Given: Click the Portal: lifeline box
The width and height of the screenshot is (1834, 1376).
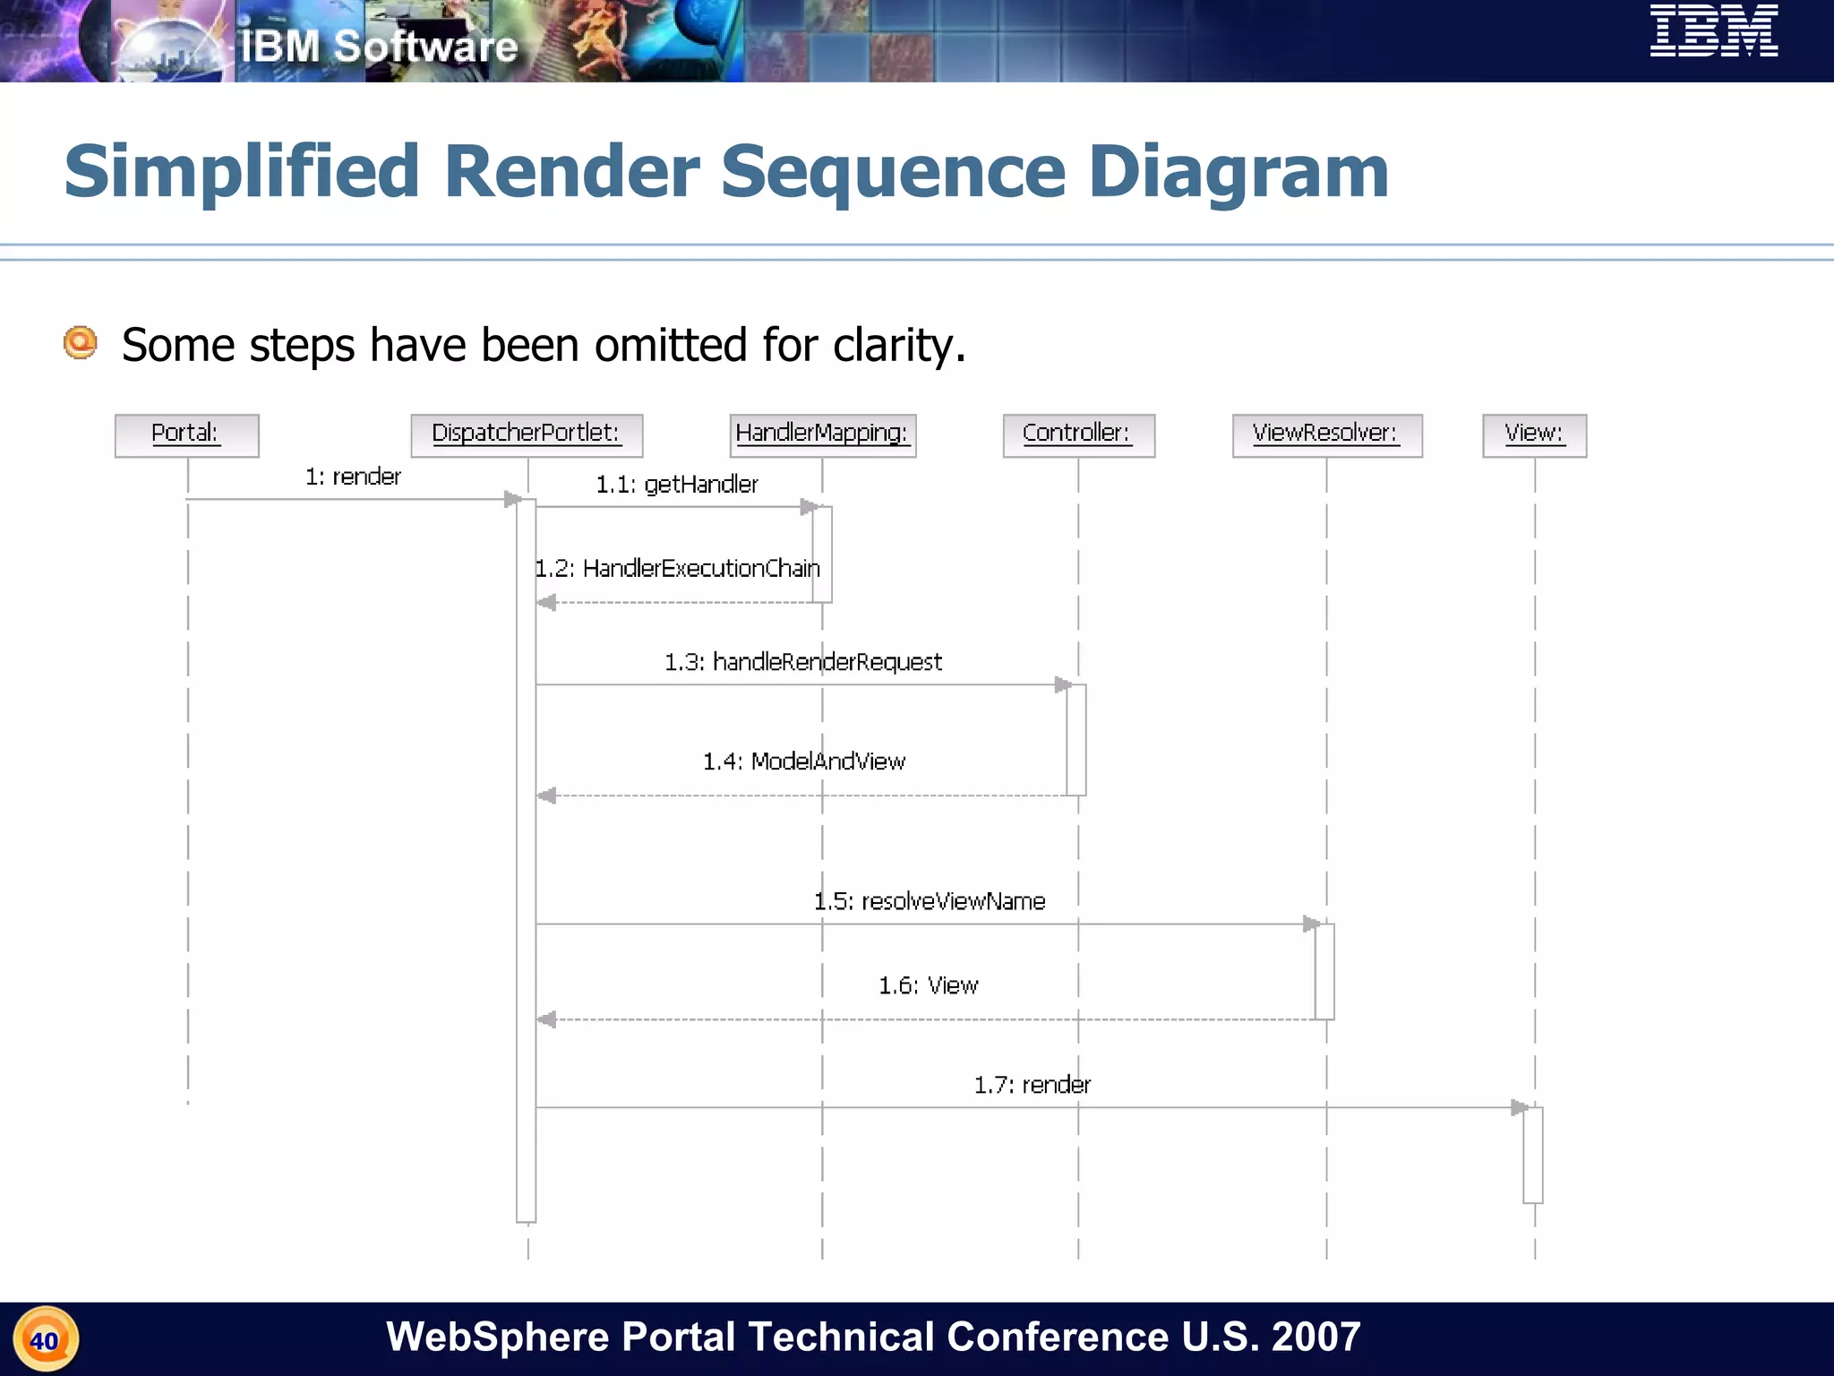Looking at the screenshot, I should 186,435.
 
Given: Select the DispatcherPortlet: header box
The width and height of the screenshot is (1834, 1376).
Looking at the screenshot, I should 527,435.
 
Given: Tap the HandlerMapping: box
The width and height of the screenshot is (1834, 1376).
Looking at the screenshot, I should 822,435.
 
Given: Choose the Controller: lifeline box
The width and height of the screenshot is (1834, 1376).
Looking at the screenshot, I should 1078,435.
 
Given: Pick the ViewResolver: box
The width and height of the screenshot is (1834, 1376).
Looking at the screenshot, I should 1326,435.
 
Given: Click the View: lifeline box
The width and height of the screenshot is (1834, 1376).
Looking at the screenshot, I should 1534,435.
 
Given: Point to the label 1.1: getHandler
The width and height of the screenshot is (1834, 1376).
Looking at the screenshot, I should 677,485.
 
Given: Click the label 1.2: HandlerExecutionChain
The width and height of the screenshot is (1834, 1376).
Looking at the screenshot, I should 677,569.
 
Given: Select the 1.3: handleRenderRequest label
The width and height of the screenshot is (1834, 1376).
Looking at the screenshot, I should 802,662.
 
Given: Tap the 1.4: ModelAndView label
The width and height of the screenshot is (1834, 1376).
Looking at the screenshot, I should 803,761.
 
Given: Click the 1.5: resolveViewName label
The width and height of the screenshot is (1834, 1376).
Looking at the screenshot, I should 929,901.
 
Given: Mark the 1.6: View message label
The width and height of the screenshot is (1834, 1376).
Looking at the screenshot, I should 928,985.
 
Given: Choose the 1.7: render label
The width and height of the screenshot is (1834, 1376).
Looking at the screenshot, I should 1032,1085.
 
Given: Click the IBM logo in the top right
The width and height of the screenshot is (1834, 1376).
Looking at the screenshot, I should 1713,31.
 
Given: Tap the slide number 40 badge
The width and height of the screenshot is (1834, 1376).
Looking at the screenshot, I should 45,1340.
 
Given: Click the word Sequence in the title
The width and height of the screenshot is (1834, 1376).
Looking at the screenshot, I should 893,172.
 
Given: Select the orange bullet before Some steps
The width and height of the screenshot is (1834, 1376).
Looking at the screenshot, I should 81,342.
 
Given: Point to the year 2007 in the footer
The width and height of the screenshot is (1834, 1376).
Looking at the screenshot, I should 1316,1337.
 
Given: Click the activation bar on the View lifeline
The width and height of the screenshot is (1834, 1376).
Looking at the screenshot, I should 1532,1155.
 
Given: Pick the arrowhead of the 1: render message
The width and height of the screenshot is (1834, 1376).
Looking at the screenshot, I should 513,499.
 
